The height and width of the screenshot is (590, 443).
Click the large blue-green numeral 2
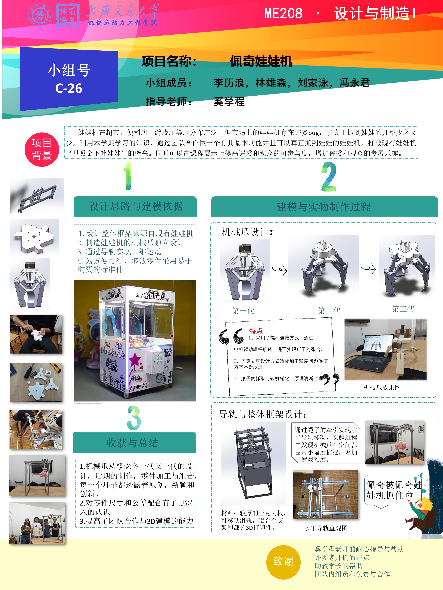pos(329,177)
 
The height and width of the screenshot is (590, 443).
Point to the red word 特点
pos(256,331)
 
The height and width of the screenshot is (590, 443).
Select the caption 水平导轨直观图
pos(326,528)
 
